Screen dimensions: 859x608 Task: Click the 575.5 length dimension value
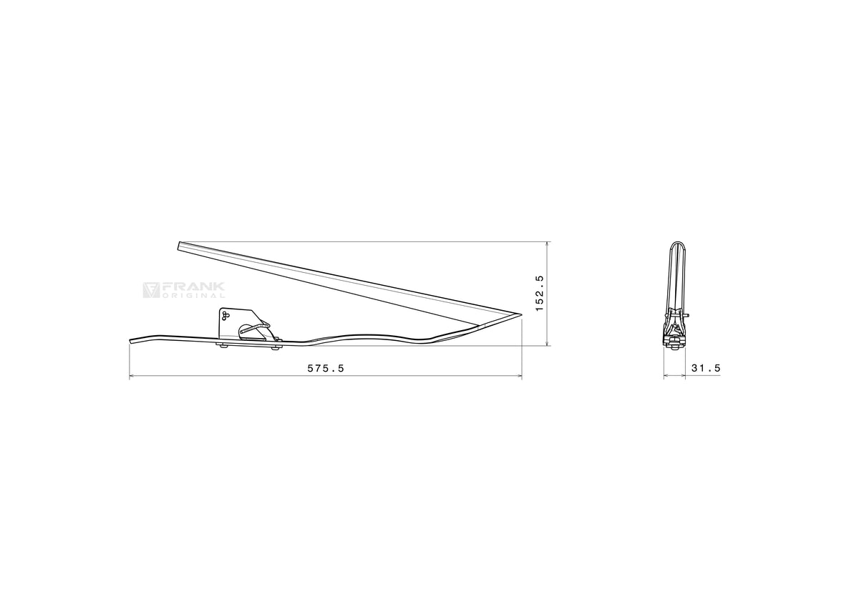[x=326, y=368]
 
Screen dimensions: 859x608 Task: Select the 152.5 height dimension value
[x=540, y=293]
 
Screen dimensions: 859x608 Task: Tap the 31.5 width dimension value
[x=706, y=368]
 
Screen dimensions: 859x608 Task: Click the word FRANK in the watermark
[x=193, y=287]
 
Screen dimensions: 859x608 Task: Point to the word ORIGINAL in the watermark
[x=193, y=295]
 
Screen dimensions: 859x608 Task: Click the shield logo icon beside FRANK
[x=151, y=290]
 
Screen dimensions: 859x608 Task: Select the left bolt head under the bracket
[x=223, y=347]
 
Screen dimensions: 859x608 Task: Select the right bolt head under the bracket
[x=275, y=347]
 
